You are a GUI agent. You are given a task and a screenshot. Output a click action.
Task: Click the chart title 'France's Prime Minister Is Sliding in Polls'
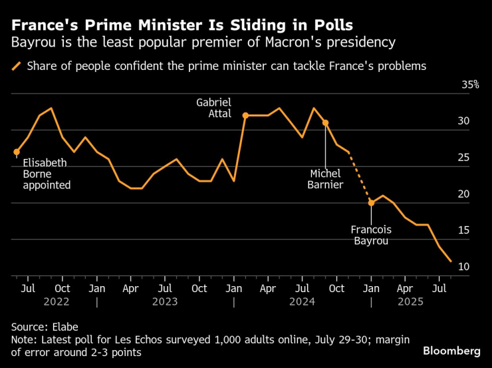pyautogui.click(x=182, y=25)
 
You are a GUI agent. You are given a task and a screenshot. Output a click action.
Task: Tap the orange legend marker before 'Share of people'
pyautogui.click(x=16, y=66)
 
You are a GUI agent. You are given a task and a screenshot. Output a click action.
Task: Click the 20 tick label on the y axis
pyautogui.click(x=463, y=194)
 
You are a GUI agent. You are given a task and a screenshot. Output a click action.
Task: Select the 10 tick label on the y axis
pyautogui.click(x=463, y=267)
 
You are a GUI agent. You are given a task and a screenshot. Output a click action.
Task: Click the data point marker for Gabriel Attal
pyautogui.click(x=245, y=116)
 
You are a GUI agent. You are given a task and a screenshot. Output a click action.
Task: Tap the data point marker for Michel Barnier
pyautogui.click(x=325, y=122)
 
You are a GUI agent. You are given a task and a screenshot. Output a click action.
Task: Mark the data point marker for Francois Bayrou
pyautogui.click(x=371, y=202)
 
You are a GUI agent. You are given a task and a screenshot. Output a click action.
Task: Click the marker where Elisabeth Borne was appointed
pyautogui.click(x=17, y=152)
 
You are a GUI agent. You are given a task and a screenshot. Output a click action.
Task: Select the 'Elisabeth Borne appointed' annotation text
pyautogui.click(x=47, y=174)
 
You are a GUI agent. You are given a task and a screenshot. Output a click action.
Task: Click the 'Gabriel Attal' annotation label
pyautogui.click(x=213, y=108)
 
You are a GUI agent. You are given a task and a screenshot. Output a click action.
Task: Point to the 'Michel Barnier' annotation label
pyautogui.click(x=325, y=178)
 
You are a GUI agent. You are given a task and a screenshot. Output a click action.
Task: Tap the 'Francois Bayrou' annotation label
pyautogui.click(x=371, y=235)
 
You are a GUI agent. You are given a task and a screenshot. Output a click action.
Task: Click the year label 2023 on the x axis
pyautogui.click(x=165, y=301)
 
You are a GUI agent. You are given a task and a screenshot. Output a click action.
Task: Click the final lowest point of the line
pyautogui.click(x=451, y=262)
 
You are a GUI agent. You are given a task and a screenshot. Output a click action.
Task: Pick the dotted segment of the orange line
pyautogui.click(x=360, y=177)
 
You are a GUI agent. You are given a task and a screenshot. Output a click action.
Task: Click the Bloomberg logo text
pyautogui.click(x=451, y=350)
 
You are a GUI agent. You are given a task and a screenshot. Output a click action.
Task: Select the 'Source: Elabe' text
pyautogui.click(x=45, y=327)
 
